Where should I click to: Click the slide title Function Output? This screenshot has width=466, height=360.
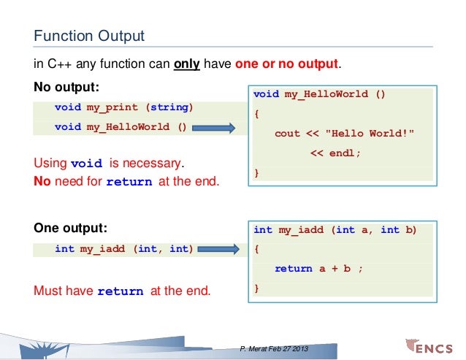[89, 35]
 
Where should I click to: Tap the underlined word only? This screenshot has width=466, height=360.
[188, 64]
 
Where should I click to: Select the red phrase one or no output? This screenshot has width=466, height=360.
[287, 64]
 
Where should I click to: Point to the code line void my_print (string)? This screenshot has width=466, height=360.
[123, 108]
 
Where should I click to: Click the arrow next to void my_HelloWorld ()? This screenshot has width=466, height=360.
[218, 128]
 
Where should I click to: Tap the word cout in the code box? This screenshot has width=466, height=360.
[287, 134]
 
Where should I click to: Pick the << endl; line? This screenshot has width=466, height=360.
[335, 154]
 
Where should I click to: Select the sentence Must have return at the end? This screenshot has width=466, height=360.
[122, 291]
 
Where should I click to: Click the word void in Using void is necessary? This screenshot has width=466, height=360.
[86, 164]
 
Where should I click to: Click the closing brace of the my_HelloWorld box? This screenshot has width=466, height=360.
[256, 173]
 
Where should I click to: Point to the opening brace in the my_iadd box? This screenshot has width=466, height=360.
[256, 249]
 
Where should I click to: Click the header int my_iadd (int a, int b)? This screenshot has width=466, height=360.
[335, 230]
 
